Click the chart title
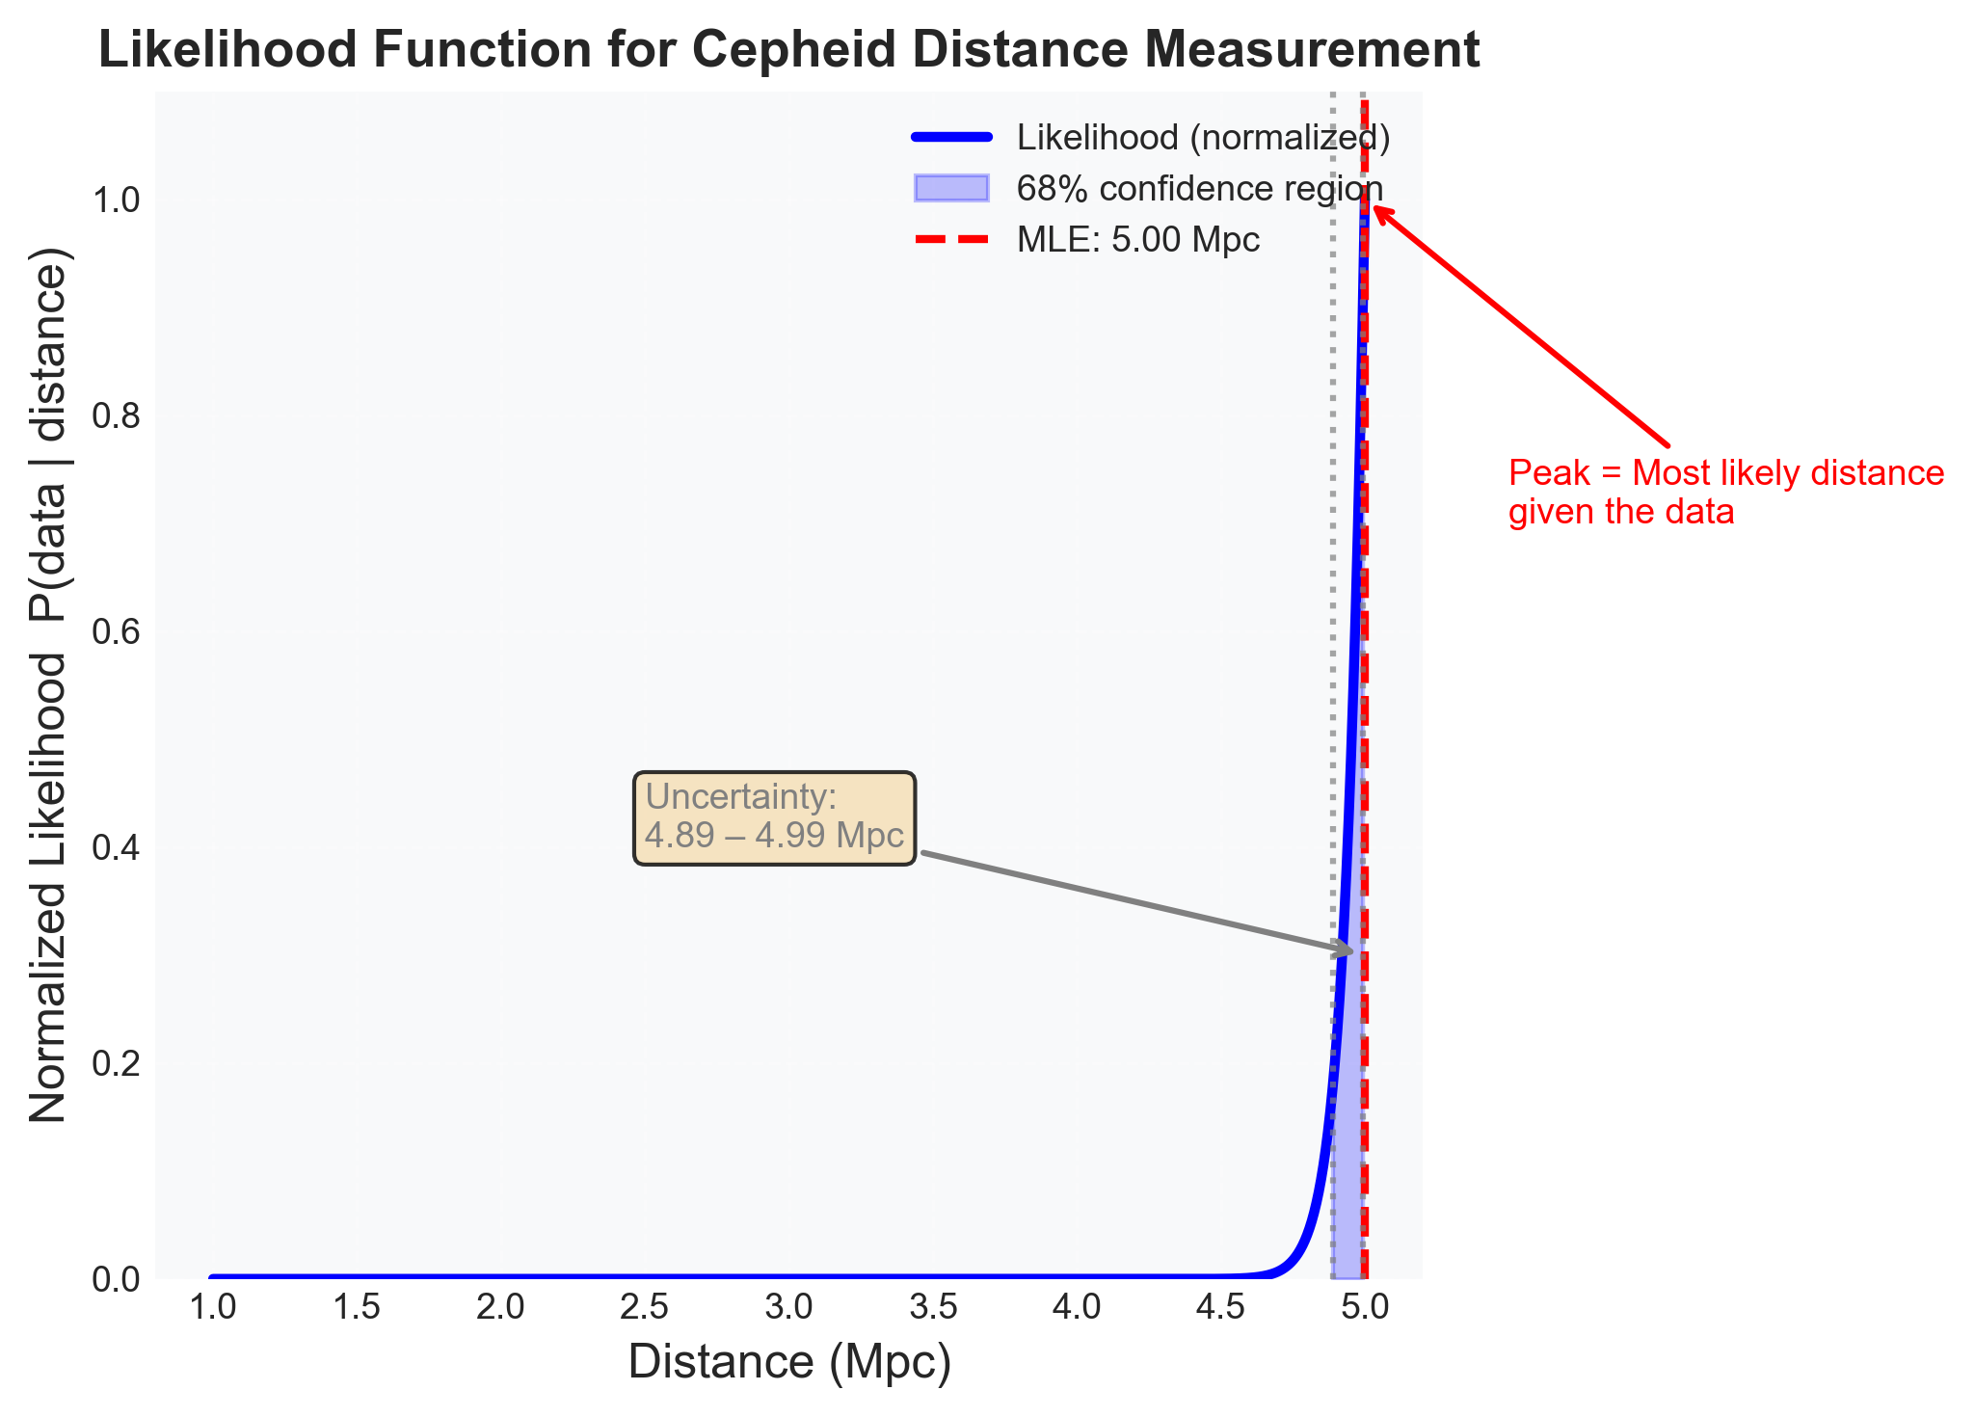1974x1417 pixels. [788, 50]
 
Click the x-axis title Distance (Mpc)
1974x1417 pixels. [789, 1362]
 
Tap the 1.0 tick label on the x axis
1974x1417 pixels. [212, 1307]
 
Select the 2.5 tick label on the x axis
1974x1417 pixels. [644, 1307]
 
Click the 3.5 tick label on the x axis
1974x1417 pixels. [933, 1307]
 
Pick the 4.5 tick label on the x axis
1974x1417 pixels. [1221, 1307]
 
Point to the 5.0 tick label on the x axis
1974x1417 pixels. [1365, 1307]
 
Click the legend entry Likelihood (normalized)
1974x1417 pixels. [1203, 138]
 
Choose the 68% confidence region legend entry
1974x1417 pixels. [1199, 188]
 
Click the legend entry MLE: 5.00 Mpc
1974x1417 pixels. [1137, 239]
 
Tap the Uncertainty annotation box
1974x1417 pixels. [774, 817]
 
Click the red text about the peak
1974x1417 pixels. [1725, 492]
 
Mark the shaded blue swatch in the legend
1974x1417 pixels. [951, 188]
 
